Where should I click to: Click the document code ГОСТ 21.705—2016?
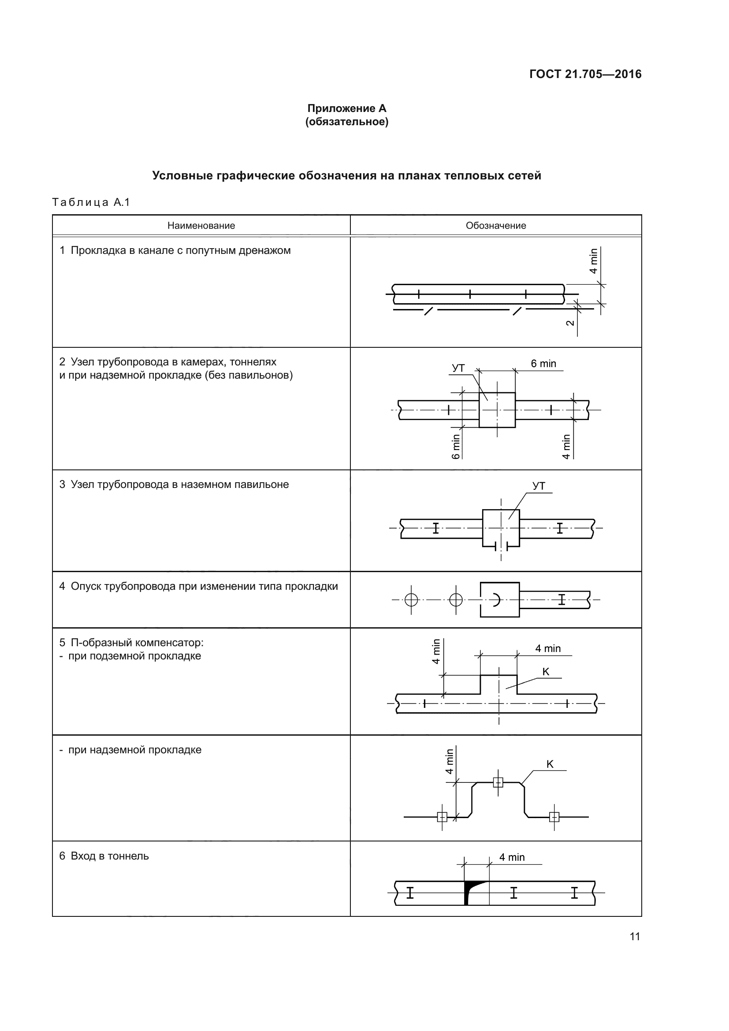pos(585,74)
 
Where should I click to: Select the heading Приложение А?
pos(346,108)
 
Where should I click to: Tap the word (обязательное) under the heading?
pos(346,122)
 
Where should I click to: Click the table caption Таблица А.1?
pos(91,202)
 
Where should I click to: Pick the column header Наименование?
pos(201,225)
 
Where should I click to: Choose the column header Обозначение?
pos(495,225)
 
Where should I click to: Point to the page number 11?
pos(634,936)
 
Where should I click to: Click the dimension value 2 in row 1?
pos(570,323)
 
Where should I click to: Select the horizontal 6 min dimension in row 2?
pos(543,364)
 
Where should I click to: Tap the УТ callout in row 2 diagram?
pos(458,368)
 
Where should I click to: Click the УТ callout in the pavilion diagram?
pos(539,486)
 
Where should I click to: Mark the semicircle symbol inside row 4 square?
pos(496,599)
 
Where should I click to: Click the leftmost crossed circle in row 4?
pos(411,599)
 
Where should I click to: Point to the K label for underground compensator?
pos(546,672)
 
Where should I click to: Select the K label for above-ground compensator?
pos(550,764)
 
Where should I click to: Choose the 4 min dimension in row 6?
pos(512,857)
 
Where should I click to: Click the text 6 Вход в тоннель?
pos(104,856)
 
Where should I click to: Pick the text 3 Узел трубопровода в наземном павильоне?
pos(174,484)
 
